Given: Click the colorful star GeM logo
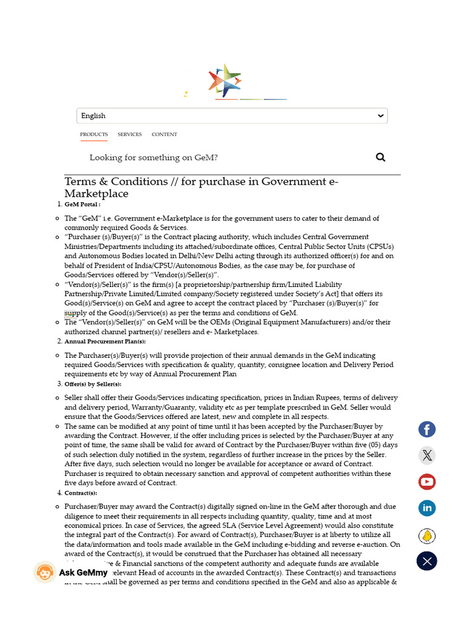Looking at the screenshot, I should point(225,81).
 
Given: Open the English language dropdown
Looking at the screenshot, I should point(232,116).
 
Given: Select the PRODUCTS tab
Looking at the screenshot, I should point(94,134).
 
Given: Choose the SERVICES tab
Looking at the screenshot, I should point(130,134).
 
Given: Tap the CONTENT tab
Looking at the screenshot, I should point(165,134).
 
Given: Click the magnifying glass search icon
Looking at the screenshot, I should point(380,157).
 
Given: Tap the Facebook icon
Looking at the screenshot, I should point(427,429).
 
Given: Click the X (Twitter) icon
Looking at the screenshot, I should point(427,455).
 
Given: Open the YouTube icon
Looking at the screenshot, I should point(427,482).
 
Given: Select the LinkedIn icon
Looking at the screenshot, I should point(427,508).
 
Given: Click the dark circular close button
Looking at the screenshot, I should point(427,561).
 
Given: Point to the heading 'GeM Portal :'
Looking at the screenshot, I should point(82,205).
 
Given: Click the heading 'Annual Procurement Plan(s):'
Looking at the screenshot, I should point(105,341).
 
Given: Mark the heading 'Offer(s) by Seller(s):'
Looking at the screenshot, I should point(93,384).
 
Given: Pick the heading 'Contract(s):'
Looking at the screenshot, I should point(81,493).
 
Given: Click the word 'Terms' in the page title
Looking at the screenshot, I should point(82,182).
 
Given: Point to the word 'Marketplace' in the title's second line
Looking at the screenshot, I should point(96,194).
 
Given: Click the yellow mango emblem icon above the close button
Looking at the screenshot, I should point(427,536).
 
